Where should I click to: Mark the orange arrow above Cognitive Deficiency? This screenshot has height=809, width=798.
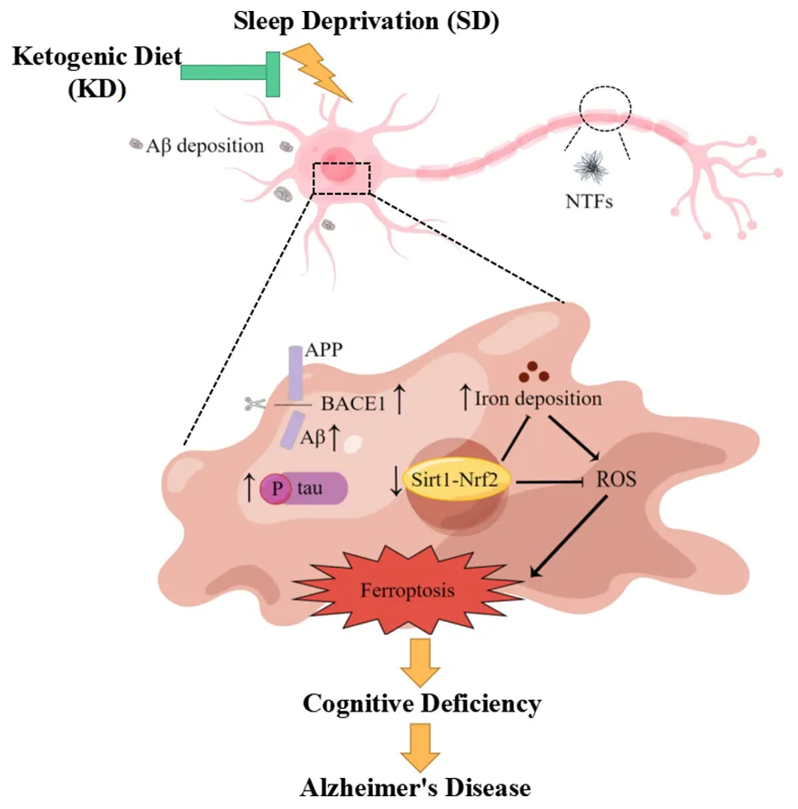[420, 660]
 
